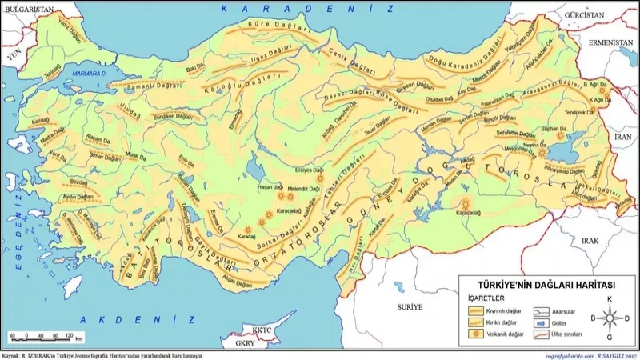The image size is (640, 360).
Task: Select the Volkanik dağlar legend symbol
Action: [474, 329]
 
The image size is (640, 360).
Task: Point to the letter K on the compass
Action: [610, 300]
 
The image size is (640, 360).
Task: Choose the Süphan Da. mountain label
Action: [554, 128]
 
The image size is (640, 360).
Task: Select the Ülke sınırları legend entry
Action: [565, 329]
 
